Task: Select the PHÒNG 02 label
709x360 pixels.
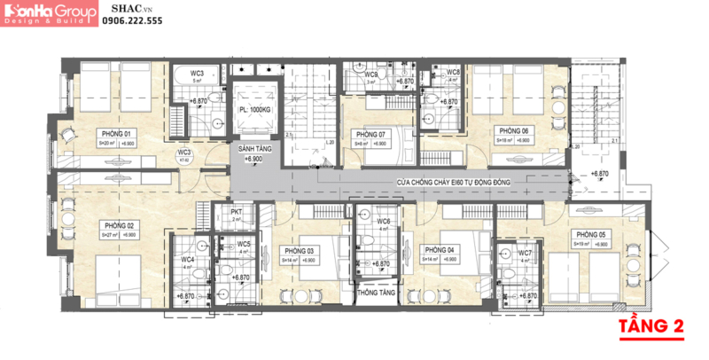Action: point(117,225)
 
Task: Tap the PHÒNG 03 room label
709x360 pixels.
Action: point(299,250)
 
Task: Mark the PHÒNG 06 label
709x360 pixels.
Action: point(513,130)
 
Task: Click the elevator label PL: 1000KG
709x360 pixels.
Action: point(255,109)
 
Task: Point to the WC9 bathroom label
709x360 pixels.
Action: point(372,75)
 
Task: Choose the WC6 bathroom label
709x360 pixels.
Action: point(384,222)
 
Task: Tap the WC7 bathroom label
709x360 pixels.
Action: point(526,253)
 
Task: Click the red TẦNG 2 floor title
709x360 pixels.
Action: point(651,326)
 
